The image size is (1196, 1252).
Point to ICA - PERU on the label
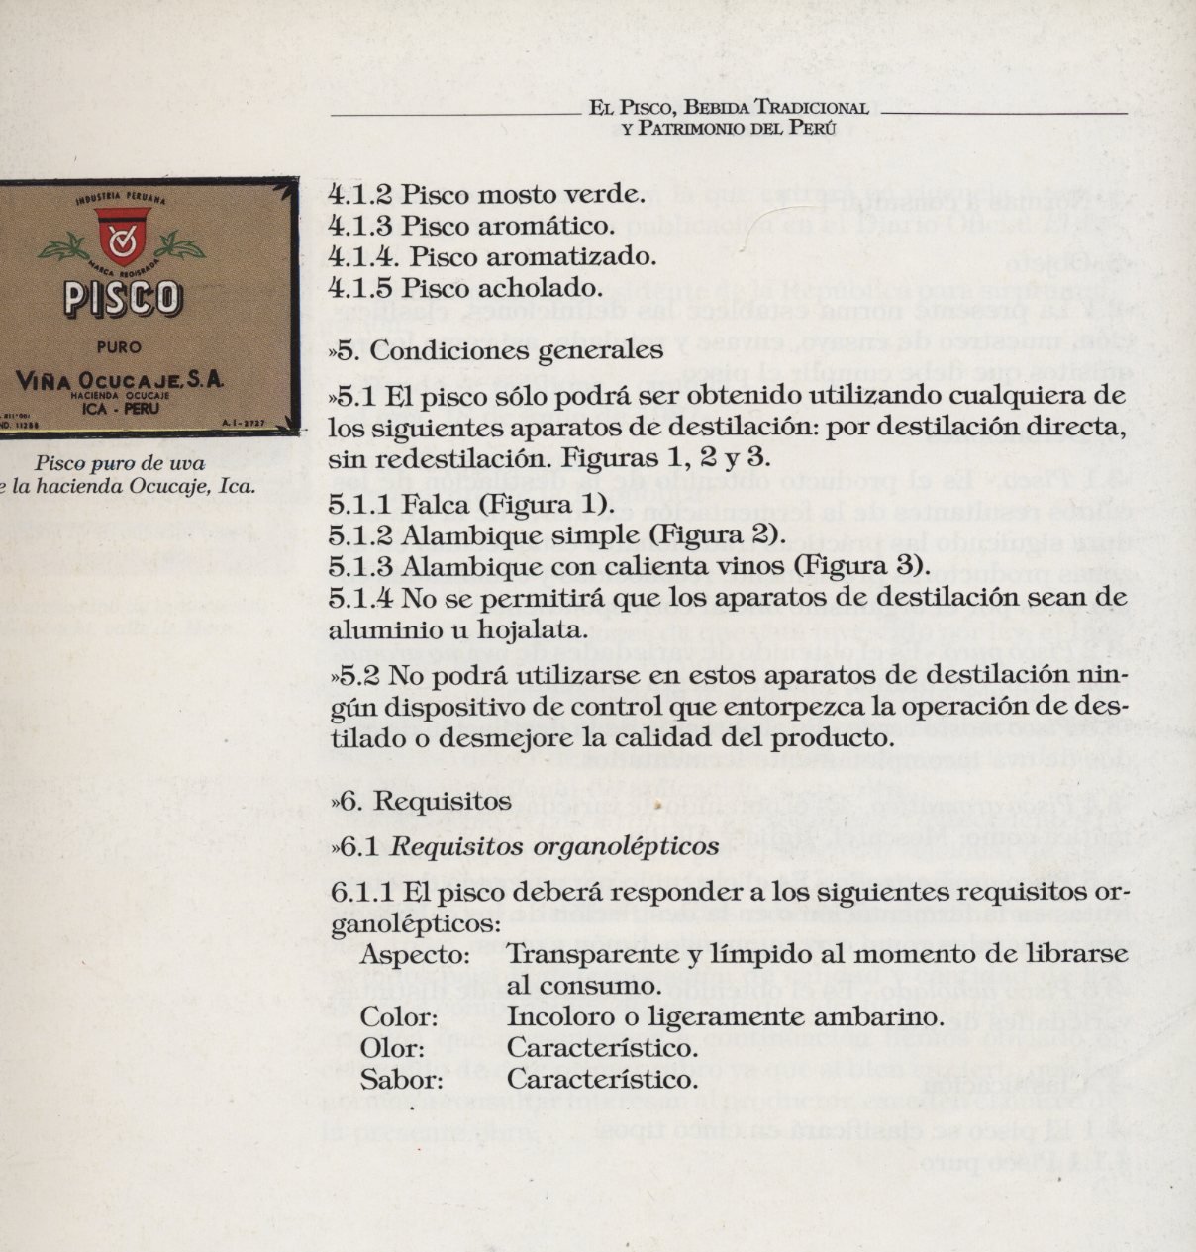[x=122, y=406]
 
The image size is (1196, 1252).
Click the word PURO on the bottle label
[x=121, y=347]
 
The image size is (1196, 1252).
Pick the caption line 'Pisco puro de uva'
[x=118, y=463]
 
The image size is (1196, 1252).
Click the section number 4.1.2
[x=360, y=194]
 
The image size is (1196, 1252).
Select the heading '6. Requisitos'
[x=427, y=801]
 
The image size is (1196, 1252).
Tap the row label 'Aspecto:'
[x=415, y=956]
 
